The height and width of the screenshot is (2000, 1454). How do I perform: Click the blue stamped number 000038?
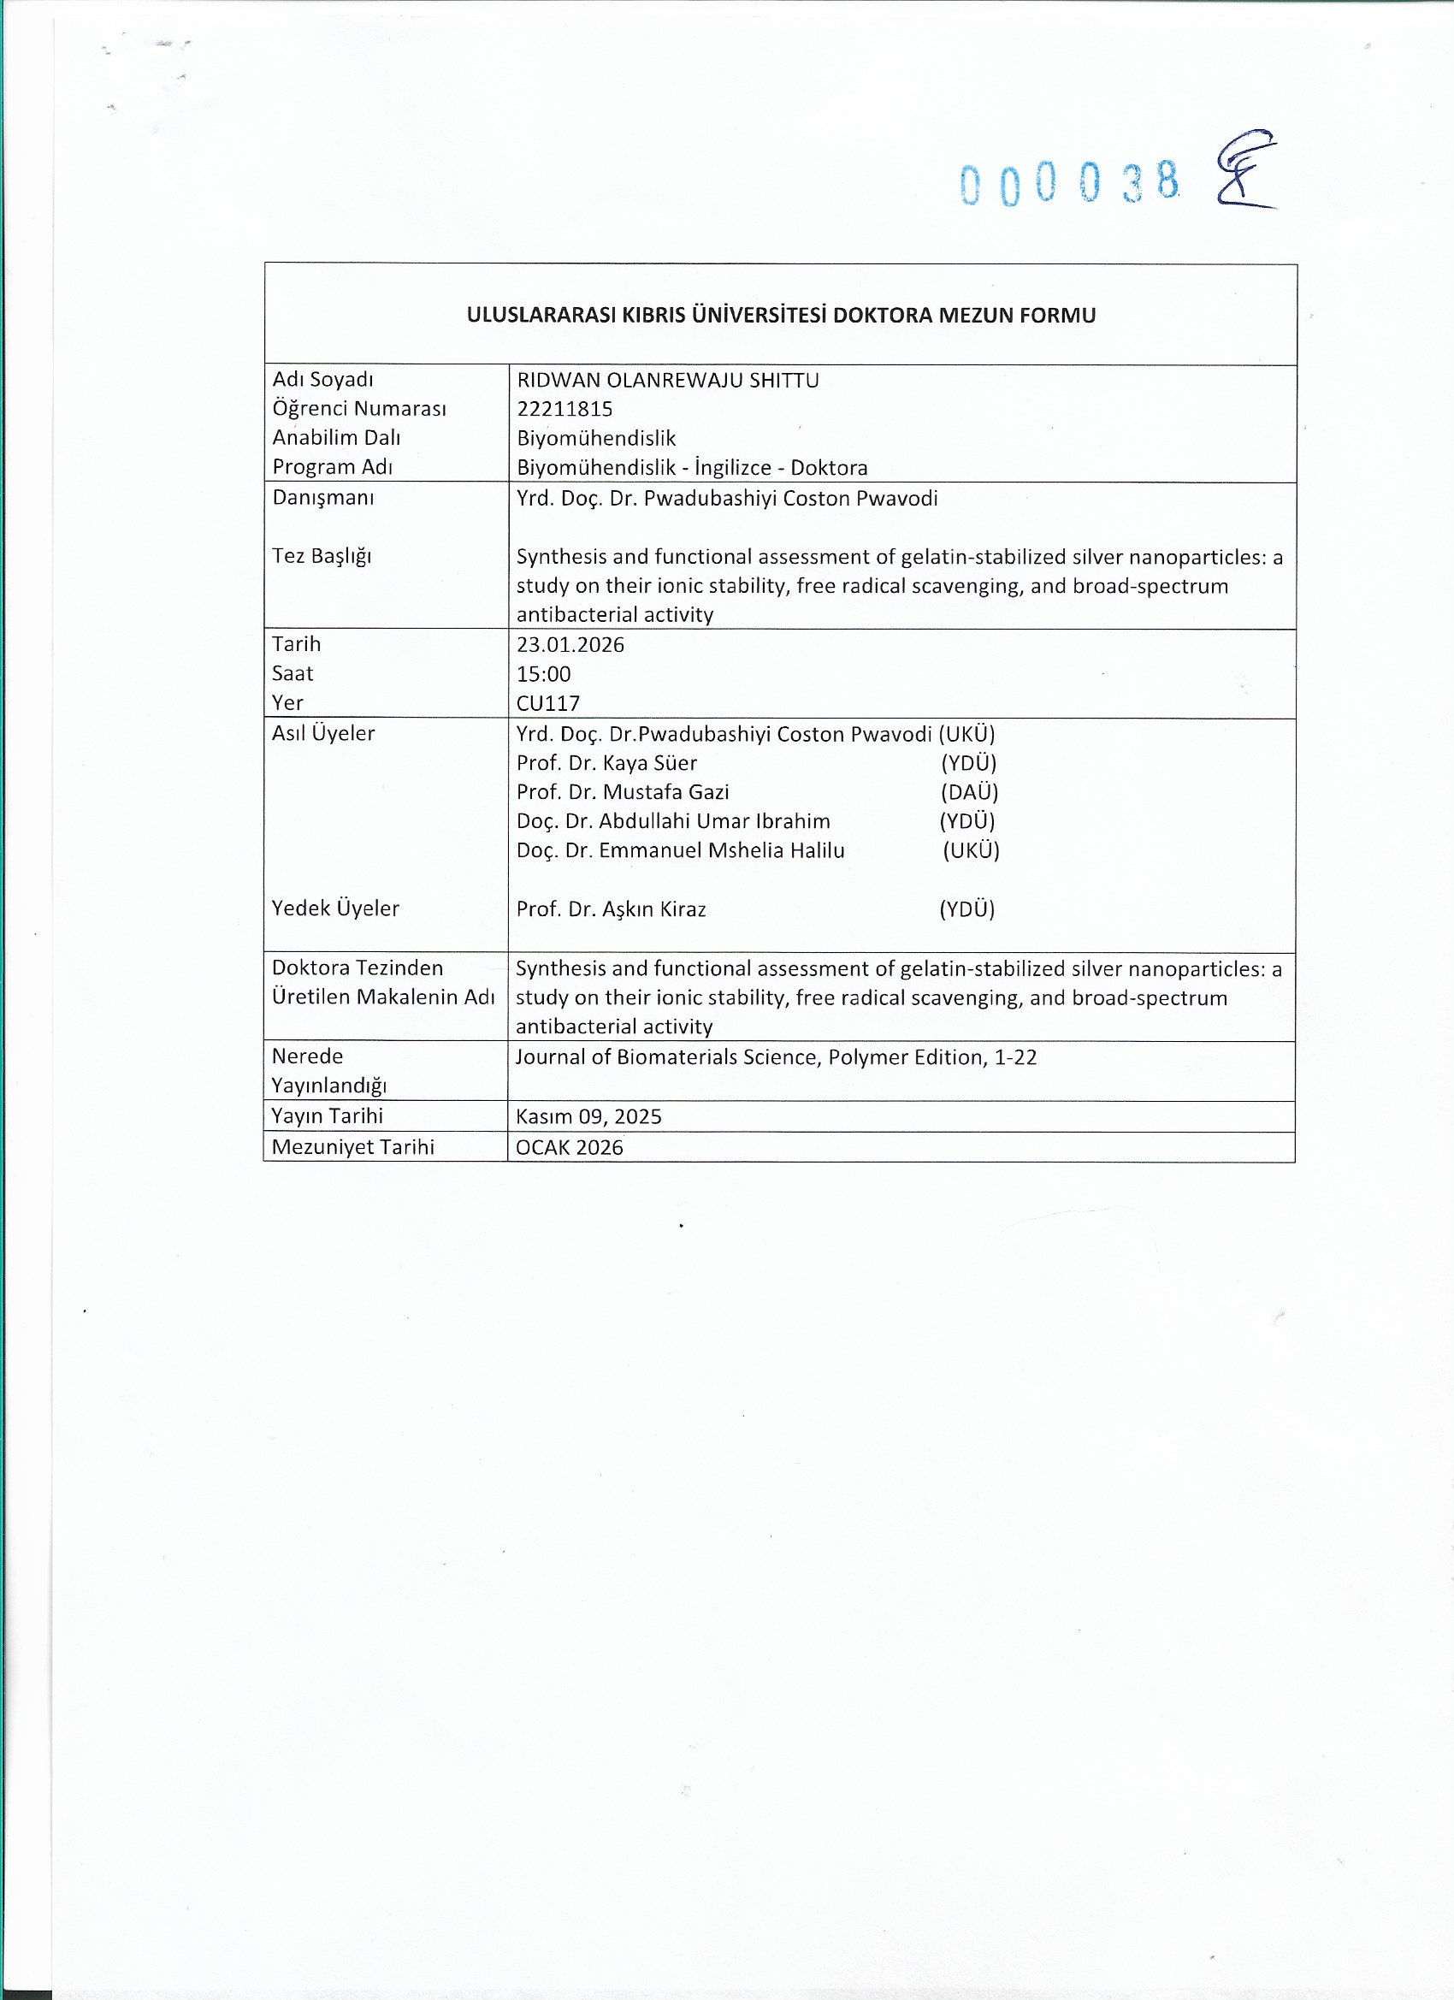coord(1070,182)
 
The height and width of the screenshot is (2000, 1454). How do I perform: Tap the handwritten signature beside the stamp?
coord(1245,169)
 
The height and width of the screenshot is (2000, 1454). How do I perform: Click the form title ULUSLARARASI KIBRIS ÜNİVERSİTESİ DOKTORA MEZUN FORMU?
coord(780,315)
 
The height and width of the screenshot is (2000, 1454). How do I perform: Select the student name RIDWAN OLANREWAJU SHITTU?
coord(667,380)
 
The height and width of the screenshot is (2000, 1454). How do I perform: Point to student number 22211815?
coord(564,409)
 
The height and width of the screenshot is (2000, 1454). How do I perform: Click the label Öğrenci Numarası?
coord(359,408)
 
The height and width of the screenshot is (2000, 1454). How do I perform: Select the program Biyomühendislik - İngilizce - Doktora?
coord(692,467)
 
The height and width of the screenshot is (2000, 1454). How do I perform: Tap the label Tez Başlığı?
coord(322,555)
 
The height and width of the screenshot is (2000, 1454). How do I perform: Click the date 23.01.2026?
coord(570,645)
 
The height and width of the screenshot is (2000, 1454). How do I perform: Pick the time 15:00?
coord(543,675)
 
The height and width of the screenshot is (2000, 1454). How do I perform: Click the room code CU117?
coord(547,704)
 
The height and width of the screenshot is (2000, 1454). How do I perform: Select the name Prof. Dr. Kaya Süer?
coord(606,763)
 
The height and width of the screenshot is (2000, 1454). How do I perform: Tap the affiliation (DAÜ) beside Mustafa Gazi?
coord(969,792)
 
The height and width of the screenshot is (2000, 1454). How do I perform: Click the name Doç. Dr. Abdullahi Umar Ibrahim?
coord(673,821)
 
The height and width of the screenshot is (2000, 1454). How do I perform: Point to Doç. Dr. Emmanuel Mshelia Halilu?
coord(680,850)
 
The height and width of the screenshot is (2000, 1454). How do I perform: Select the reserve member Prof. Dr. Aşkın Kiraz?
coord(611,909)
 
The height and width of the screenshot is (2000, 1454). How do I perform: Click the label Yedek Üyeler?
coord(335,908)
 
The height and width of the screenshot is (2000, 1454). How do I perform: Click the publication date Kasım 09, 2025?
coord(588,1116)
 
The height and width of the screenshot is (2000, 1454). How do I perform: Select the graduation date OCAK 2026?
coord(569,1147)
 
